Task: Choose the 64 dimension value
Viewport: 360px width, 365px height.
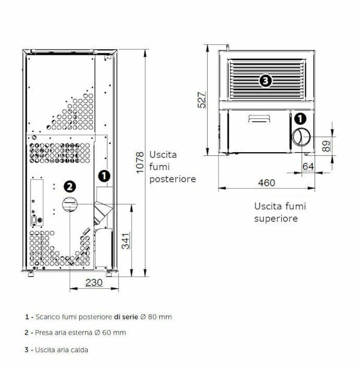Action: (308, 166)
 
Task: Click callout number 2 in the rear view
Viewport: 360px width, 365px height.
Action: (70, 186)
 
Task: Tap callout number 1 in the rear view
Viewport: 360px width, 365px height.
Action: (104, 176)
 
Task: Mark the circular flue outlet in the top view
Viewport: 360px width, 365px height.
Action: (302, 137)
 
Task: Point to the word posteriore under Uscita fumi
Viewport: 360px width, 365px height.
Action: (173, 179)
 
